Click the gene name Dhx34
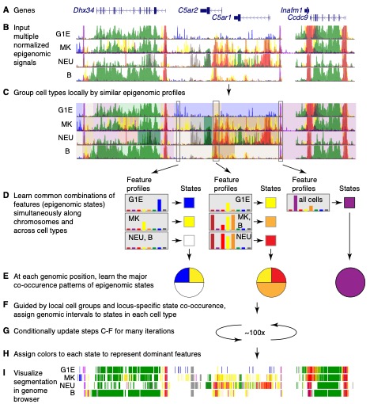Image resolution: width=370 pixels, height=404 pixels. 84,10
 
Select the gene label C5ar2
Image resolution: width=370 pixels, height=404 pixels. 188,10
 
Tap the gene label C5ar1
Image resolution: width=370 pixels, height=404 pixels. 221,17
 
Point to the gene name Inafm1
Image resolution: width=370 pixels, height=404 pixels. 291,10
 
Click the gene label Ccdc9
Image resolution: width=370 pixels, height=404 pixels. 298,17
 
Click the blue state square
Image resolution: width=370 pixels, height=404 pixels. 189,203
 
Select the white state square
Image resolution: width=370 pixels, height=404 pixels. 189,241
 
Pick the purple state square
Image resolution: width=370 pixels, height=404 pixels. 349,203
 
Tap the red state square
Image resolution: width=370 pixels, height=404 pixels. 270,241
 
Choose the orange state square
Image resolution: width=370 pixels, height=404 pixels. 270,222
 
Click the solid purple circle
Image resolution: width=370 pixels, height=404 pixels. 350,282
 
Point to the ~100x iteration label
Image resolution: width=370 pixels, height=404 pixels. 255,333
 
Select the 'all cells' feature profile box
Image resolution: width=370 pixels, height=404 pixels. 308,203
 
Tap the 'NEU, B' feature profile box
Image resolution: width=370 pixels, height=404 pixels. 146,241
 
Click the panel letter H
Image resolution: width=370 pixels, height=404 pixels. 6,354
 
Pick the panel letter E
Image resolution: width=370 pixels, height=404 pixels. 6,276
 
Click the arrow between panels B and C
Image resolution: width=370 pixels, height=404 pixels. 228,90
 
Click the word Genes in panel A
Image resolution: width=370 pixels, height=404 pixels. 25,10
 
